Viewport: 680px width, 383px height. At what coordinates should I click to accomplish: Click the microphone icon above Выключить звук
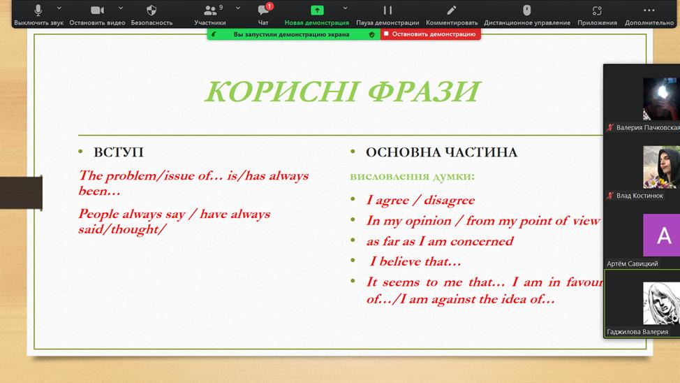tap(38, 10)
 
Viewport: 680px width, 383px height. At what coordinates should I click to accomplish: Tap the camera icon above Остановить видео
tap(97, 10)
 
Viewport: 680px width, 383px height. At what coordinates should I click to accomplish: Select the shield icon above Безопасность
tap(151, 10)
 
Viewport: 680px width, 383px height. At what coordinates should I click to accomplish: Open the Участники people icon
tap(210, 10)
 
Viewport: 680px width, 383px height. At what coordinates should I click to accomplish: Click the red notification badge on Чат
tap(269, 6)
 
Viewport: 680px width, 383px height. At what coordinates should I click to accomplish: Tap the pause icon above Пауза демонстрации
tap(387, 10)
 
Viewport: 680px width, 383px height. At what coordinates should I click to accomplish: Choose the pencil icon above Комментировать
tap(452, 10)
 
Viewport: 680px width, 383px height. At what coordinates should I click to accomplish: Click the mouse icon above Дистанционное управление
tap(527, 10)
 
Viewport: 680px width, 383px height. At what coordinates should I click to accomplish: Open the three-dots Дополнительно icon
tap(649, 10)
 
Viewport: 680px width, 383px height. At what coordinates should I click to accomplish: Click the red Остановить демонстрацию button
tap(431, 34)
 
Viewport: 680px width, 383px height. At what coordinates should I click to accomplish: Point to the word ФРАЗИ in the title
tap(424, 91)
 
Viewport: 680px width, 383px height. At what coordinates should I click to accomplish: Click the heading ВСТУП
tap(119, 152)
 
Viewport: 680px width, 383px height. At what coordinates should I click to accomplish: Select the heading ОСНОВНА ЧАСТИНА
tap(441, 152)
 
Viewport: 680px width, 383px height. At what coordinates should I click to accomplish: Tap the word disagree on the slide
tap(450, 200)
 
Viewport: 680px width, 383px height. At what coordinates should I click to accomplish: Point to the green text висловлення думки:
tap(413, 176)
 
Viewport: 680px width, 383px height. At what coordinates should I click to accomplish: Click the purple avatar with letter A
tap(661, 235)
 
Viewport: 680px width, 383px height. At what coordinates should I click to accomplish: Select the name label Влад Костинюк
tap(640, 196)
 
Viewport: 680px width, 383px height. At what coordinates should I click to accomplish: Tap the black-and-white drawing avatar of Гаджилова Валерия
tap(661, 303)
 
